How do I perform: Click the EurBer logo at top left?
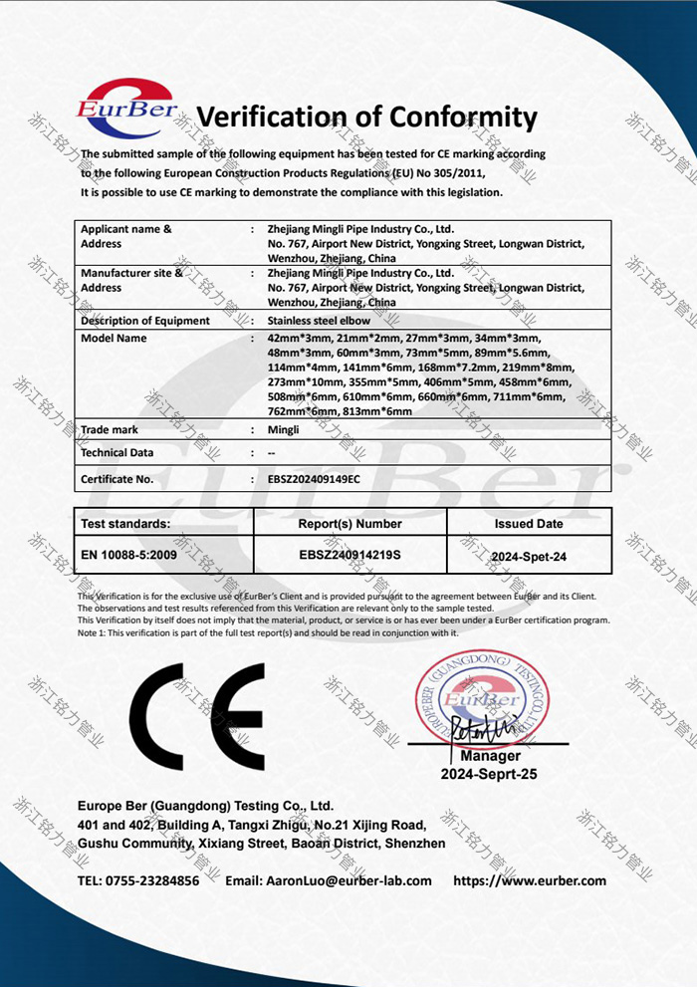pos(126,109)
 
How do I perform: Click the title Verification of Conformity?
pos(366,117)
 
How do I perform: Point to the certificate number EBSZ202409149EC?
pos(314,479)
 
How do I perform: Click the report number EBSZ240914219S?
pos(349,554)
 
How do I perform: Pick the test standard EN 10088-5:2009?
pos(128,554)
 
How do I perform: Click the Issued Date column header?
pos(528,524)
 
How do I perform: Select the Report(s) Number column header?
pos(349,524)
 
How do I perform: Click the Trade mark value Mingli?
pos(284,430)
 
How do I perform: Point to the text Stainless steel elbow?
pos(319,321)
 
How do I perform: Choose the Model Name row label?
pos(114,339)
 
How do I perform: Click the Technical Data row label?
pos(117,452)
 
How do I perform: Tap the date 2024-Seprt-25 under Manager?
pos(489,774)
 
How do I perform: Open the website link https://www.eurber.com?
pos(529,880)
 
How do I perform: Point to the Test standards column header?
pos(125,524)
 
